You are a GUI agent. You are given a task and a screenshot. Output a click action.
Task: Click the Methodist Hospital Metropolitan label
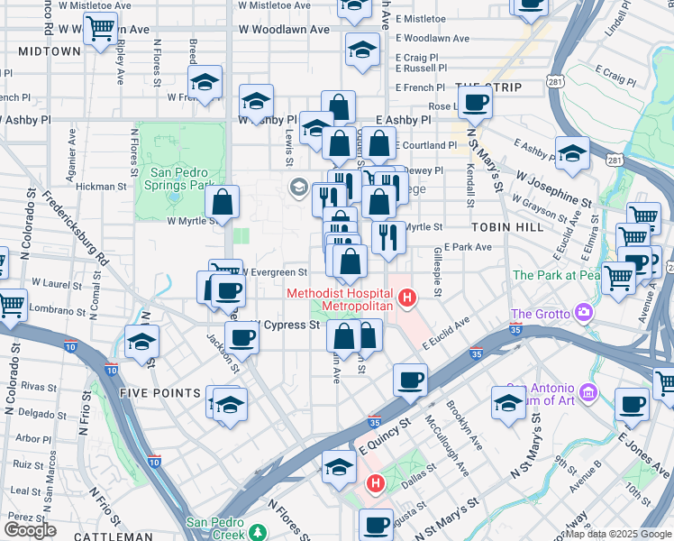click(340, 300)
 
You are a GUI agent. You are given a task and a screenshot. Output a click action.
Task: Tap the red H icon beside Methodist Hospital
click(408, 296)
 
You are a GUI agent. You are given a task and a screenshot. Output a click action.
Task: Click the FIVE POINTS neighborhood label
click(158, 393)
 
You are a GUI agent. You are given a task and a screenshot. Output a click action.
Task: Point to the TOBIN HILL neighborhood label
click(505, 227)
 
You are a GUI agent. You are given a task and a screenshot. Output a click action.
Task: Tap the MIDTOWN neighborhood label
click(49, 51)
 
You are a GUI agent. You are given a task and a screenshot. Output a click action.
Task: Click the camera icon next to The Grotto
click(585, 313)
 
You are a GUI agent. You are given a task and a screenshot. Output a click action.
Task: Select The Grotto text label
click(541, 314)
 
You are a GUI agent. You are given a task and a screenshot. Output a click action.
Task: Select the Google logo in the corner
click(30, 530)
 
